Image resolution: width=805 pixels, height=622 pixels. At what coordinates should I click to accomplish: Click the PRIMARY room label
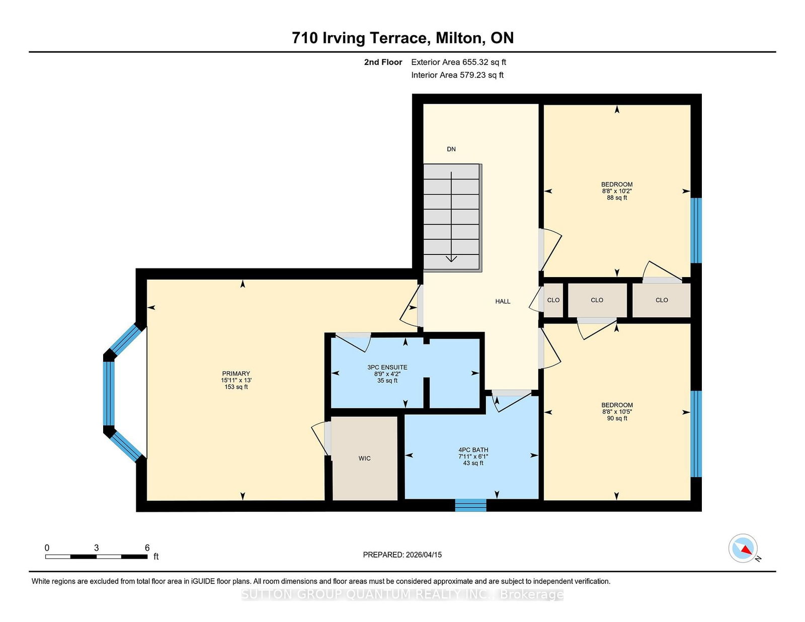point(236,374)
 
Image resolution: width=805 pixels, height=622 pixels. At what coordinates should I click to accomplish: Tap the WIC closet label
point(365,459)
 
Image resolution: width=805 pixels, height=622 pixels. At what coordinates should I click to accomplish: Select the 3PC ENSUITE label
point(387,367)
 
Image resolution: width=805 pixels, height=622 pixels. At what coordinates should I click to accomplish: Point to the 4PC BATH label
point(473,450)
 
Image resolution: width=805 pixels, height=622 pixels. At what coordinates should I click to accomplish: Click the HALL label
point(503,301)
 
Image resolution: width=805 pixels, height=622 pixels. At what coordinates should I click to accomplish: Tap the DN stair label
point(451,149)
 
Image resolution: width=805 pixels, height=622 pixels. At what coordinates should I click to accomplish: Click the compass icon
point(743,548)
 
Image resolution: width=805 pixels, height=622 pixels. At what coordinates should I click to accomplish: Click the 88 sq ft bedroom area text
point(617,198)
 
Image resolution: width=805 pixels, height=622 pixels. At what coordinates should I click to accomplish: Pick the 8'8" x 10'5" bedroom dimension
point(617,412)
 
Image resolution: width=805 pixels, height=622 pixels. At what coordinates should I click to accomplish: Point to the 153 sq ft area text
point(236,387)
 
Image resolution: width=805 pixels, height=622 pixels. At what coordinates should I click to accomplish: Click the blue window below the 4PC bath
point(470,505)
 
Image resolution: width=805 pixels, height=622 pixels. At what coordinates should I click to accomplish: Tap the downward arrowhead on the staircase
point(451,259)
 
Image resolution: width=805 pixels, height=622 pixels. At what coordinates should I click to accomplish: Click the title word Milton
point(460,38)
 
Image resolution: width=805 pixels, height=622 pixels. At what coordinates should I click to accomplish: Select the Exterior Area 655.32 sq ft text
point(459,62)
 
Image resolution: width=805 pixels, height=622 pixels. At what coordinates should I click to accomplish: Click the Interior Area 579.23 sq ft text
point(457,75)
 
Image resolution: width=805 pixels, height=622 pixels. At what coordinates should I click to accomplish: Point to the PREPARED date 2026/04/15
point(424,555)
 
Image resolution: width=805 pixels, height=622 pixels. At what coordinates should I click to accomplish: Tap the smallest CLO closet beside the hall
point(553,300)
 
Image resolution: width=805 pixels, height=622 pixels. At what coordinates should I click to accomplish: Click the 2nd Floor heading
point(383,62)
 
